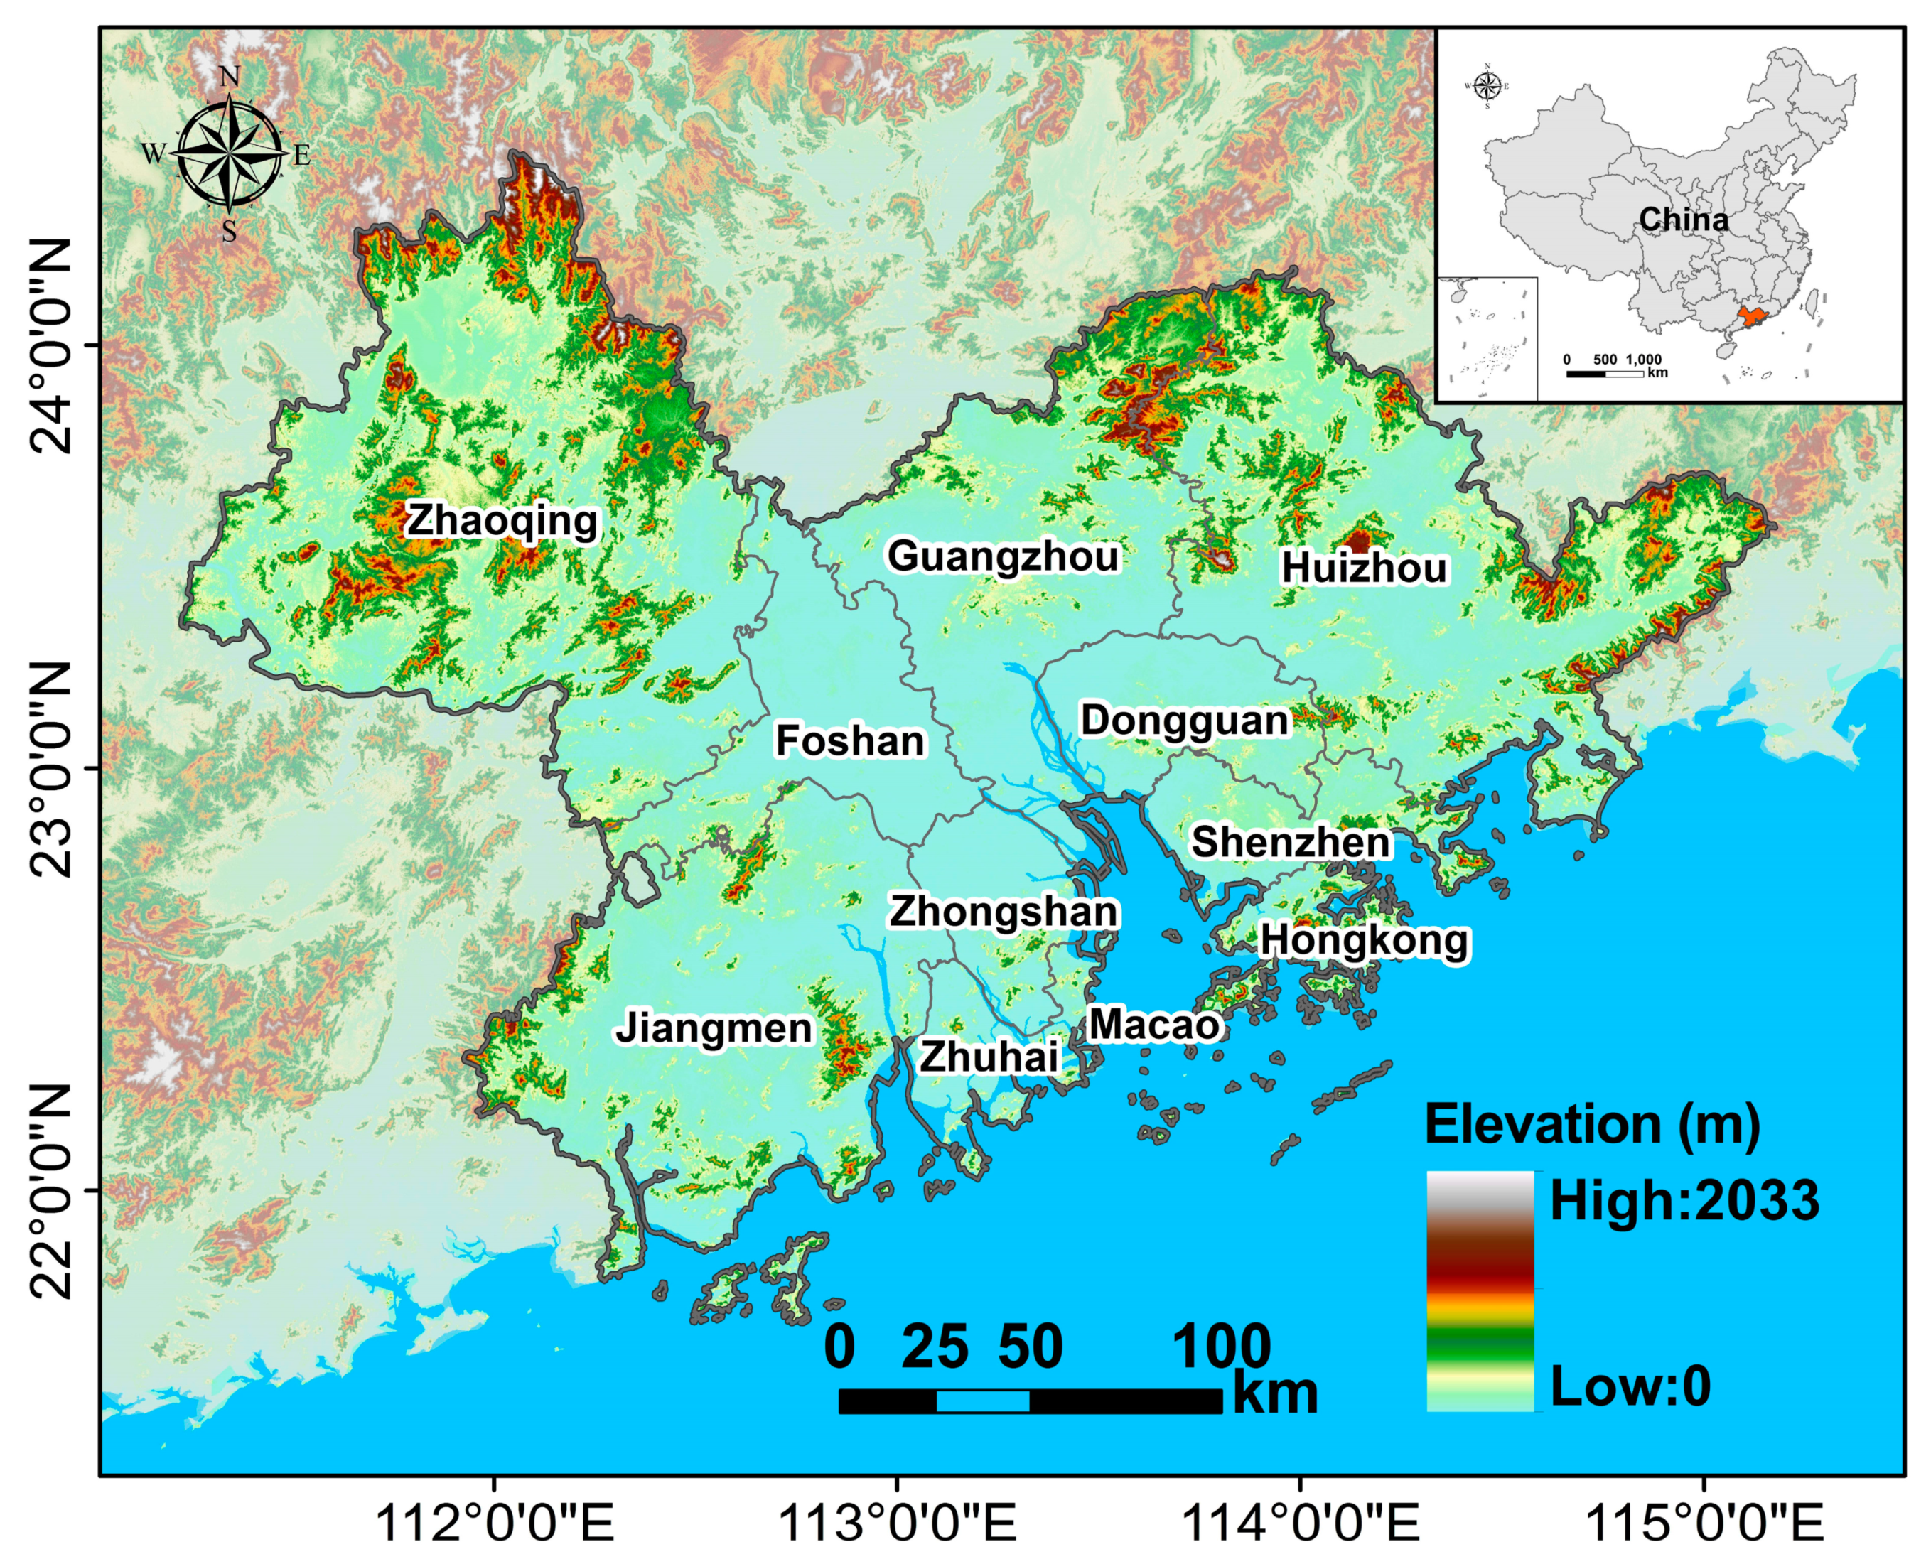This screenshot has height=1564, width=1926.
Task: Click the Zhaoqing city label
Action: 502,522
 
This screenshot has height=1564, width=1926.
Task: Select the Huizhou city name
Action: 1364,568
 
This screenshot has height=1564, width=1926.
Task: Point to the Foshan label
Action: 849,740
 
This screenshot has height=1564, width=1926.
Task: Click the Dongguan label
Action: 1185,721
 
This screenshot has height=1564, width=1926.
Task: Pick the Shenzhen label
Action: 1291,842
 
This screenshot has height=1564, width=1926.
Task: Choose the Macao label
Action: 1154,1025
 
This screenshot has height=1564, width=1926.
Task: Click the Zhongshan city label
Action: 1004,912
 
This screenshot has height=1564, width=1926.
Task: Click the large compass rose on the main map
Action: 229,155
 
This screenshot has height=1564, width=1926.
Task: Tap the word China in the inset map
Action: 1683,219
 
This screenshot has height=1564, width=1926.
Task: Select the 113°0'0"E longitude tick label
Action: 896,1524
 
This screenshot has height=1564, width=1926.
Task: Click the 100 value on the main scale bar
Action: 1221,1348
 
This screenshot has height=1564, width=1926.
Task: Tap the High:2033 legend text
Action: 1684,1201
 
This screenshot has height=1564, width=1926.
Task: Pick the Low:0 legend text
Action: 1630,1386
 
